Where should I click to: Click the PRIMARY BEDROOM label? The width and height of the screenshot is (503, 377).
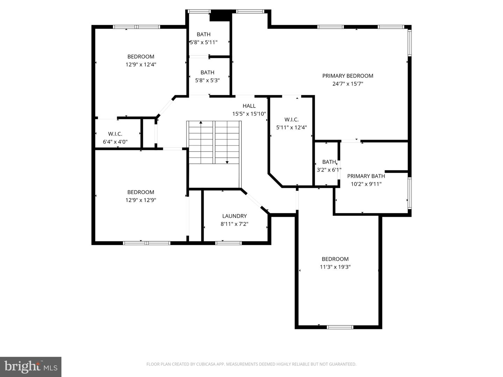[x=348, y=76]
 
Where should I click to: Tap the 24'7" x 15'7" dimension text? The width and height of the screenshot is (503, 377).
[x=348, y=84]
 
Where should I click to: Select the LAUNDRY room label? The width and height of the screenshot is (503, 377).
[x=234, y=216]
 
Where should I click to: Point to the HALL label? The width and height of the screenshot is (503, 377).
[x=249, y=106]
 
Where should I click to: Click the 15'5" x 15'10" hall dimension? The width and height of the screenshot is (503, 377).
[x=249, y=114]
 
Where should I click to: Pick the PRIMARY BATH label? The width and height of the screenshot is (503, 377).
[x=366, y=176]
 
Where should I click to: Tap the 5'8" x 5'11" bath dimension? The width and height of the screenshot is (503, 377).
[x=204, y=42]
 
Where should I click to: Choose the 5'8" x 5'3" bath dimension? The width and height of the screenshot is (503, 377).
[x=207, y=80]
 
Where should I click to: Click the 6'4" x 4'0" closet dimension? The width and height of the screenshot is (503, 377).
[x=115, y=142]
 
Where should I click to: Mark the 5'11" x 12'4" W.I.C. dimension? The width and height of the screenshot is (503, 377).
[x=291, y=128]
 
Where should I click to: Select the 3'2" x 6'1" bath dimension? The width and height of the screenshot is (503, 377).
[x=329, y=170]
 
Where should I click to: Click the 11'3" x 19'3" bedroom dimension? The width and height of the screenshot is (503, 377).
[x=335, y=267]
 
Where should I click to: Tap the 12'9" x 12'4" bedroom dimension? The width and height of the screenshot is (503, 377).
[x=141, y=65]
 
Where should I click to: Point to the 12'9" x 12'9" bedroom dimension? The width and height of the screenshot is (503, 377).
[x=141, y=200]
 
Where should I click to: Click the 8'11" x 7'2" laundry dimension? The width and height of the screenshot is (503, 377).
[x=234, y=224]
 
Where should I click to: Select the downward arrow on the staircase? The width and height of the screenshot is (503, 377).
[x=227, y=162]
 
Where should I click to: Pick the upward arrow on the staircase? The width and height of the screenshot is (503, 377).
[x=201, y=123]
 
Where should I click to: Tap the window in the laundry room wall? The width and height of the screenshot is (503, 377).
[x=228, y=243]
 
